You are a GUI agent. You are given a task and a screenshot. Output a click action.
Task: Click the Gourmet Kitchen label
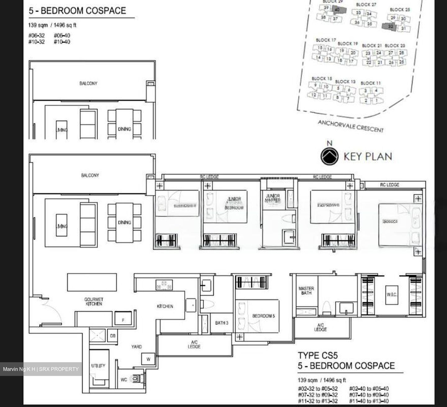click(93, 302)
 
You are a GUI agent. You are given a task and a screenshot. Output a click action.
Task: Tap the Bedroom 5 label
click(263, 316)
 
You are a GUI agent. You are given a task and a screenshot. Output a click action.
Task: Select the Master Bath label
click(306, 290)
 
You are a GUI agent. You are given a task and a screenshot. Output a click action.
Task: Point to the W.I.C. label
click(392, 294)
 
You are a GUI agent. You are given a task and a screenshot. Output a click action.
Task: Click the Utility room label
click(98, 366)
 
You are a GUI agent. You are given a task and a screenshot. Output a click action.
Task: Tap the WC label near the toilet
click(124, 380)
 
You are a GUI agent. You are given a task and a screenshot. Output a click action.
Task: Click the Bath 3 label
click(222, 323)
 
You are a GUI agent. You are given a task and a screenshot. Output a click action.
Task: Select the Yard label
click(136, 347)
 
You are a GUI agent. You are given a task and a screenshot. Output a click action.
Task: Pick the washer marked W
click(148, 359)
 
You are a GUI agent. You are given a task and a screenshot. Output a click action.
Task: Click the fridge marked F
click(123, 320)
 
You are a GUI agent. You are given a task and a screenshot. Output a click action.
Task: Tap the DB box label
click(113, 336)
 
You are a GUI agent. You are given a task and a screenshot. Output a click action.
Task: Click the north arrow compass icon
click(329, 156)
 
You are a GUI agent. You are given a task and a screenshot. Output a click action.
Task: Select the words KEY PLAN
click(368, 156)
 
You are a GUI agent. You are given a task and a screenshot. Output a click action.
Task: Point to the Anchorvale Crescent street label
click(350, 126)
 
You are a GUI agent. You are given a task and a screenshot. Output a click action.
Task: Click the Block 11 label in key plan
click(370, 83)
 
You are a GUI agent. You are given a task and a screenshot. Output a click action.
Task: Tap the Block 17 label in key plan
click(326, 40)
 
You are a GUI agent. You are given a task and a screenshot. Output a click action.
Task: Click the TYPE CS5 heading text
click(318, 355)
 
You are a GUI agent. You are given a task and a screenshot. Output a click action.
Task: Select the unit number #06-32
click(37, 35)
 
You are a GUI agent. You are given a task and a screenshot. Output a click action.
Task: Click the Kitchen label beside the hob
click(165, 306)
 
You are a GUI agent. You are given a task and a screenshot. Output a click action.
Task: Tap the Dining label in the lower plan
click(124, 222)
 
